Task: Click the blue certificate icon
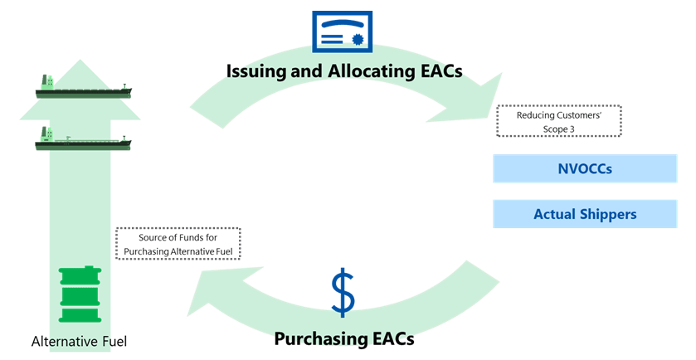(x=343, y=32)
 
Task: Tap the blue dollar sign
(x=343, y=293)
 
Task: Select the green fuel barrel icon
(x=80, y=294)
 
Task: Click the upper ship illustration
(x=84, y=86)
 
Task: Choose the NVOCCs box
(x=585, y=168)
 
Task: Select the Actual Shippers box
(x=585, y=214)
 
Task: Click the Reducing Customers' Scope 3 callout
(x=559, y=121)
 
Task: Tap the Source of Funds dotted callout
(x=178, y=244)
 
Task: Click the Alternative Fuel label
(x=79, y=342)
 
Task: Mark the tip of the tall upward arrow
(x=80, y=60)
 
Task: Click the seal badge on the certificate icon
(x=358, y=40)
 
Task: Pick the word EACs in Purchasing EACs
(x=390, y=338)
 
